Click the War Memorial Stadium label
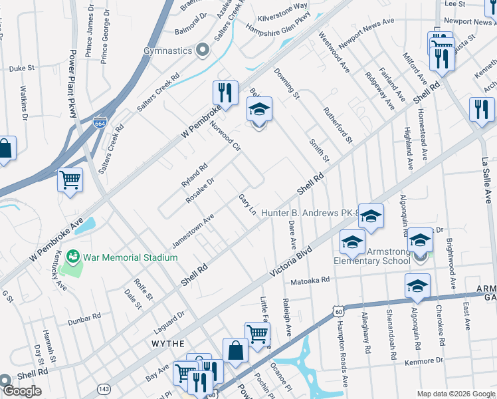122,256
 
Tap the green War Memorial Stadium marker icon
73,256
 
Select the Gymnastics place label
168,51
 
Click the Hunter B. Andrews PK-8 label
309,213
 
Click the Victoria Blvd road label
290,264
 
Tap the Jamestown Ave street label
193,231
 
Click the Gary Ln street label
247,205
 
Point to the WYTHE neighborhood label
167,344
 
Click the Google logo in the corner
22,391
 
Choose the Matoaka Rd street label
310,280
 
